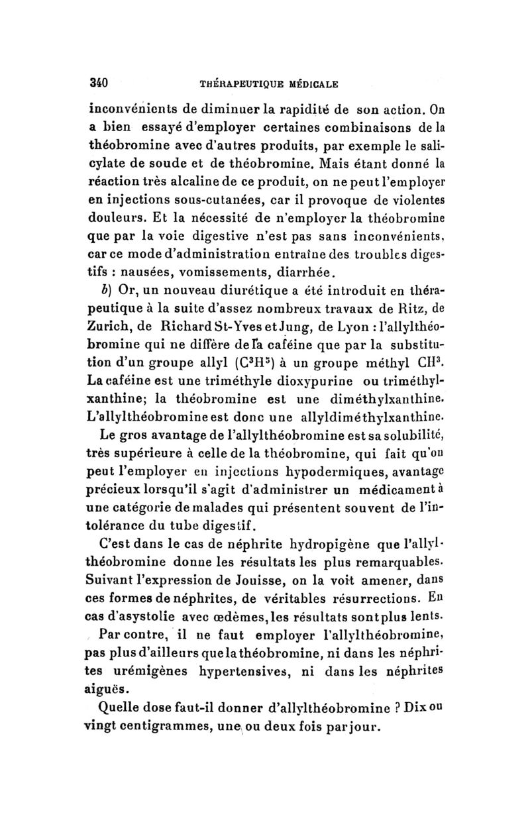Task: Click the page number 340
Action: click(x=99, y=83)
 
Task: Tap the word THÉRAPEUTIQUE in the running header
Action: click(x=240, y=84)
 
